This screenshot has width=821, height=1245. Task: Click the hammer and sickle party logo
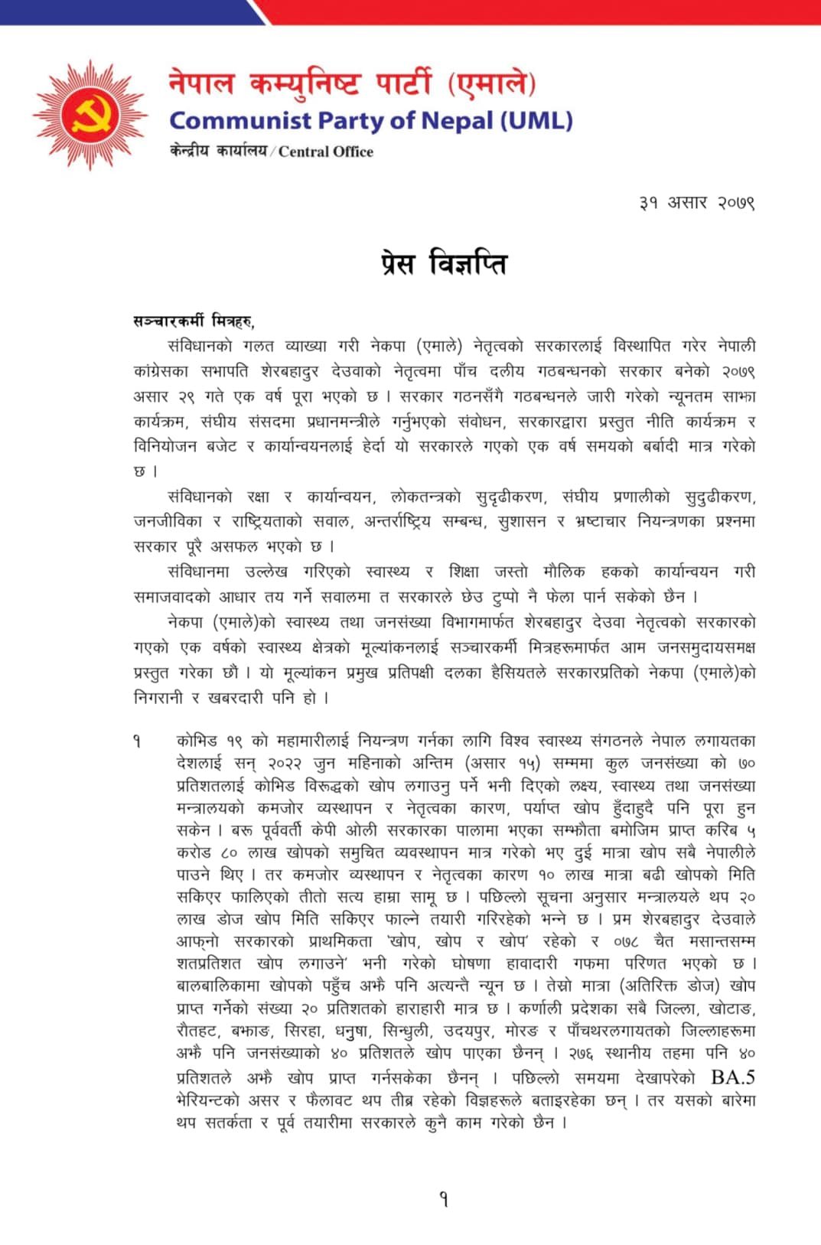coord(90,116)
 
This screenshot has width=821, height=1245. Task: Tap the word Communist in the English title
coord(240,121)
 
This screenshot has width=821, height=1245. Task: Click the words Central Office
coord(326,152)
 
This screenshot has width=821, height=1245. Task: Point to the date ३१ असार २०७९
coord(697,203)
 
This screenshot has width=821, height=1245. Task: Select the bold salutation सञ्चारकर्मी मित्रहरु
coord(194,321)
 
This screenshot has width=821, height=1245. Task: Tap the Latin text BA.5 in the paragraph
coord(732,1077)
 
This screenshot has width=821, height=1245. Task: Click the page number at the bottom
coord(444,1199)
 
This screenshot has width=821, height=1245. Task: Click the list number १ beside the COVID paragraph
coord(136,741)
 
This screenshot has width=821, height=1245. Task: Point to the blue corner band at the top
coord(130,11)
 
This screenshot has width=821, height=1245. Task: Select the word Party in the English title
coord(353,121)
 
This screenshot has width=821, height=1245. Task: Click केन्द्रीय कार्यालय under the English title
coord(218,151)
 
